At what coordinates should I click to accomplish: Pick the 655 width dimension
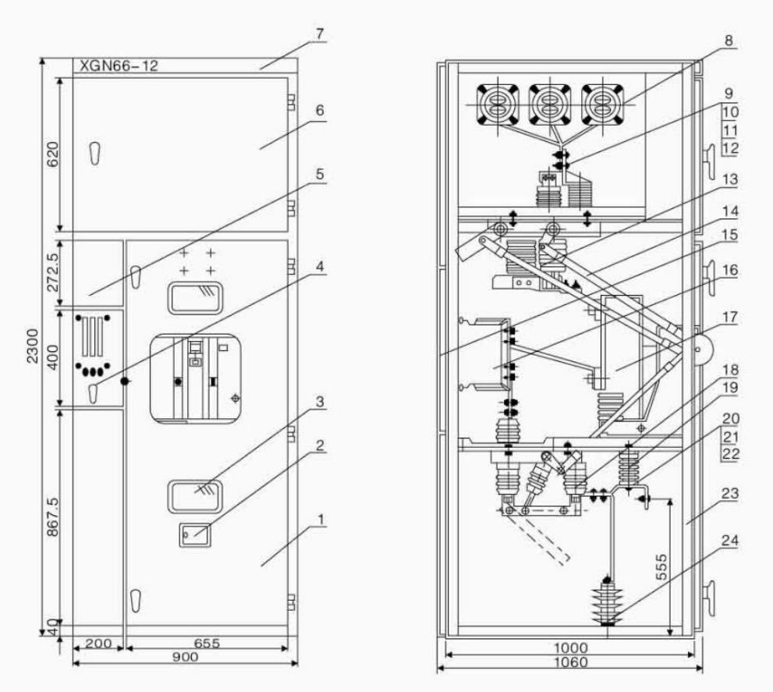(x=207, y=644)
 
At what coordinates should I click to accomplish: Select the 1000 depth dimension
(x=570, y=648)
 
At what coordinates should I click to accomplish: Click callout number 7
(x=321, y=37)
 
